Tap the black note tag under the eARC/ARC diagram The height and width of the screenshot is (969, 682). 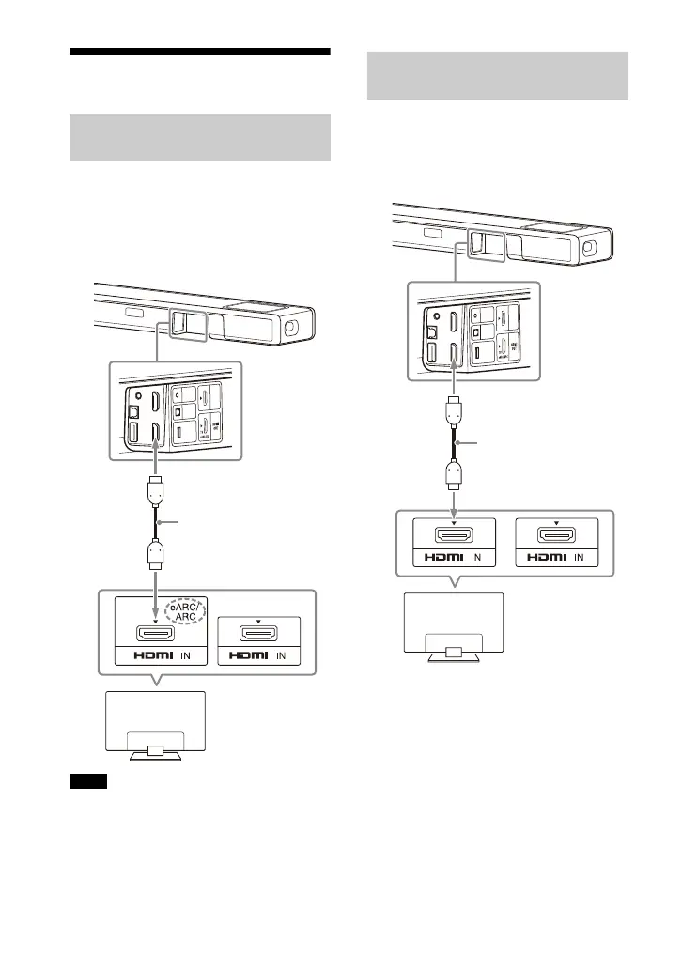pyautogui.click(x=88, y=781)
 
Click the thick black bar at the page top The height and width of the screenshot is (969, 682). pyautogui.click(x=199, y=52)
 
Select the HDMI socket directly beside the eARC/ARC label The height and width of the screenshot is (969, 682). pyautogui.click(x=152, y=635)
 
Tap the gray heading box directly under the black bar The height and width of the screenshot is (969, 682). pyautogui.click(x=199, y=138)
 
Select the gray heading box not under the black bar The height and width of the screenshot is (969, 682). pyautogui.click(x=496, y=75)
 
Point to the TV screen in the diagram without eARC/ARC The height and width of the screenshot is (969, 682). pyautogui.click(x=452, y=618)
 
